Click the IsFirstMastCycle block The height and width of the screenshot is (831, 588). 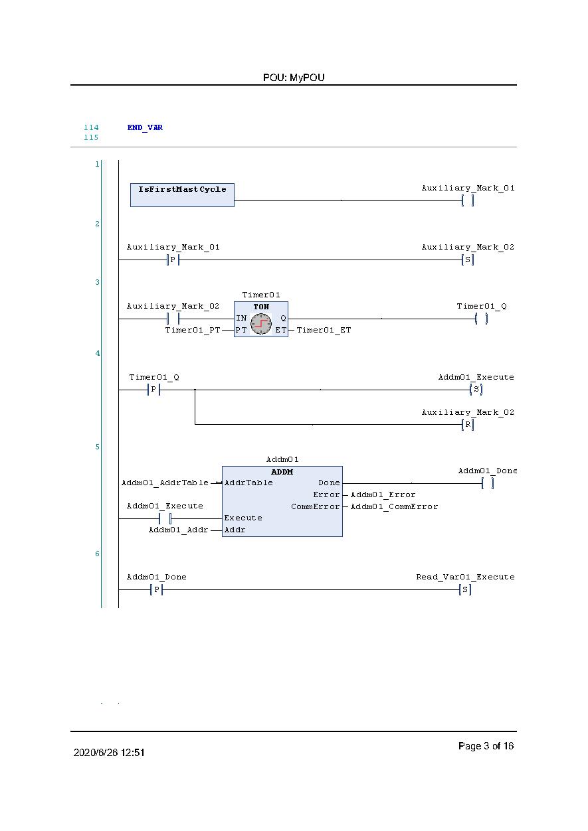[182, 194]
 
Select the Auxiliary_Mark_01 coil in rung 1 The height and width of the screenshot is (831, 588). [468, 200]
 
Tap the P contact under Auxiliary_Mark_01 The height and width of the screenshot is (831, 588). [173, 260]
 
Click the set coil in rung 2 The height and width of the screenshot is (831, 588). [468, 260]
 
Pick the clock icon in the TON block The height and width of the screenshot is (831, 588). [261, 324]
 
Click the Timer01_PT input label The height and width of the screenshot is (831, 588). [193, 330]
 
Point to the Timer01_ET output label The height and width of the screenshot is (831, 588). [324, 330]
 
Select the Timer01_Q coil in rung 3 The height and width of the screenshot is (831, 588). [482, 319]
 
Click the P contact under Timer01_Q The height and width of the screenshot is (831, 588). [153, 390]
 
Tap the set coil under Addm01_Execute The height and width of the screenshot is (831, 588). [476, 390]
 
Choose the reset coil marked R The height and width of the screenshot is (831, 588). [468, 425]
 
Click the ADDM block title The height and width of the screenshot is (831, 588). [282, 472]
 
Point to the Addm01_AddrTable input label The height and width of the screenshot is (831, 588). [165, 483]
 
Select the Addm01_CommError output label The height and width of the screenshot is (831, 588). [394, 506]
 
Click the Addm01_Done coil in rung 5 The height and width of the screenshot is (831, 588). [488, 483]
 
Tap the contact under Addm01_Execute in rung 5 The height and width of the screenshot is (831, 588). [165, 518]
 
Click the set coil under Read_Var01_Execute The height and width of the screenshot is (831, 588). [465, 589]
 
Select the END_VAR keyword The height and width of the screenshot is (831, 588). [145, 127]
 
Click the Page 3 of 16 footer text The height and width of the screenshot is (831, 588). [486, 746]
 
